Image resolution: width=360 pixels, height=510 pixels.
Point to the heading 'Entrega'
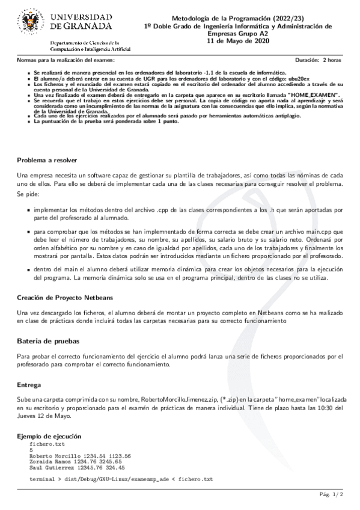click(29, 384)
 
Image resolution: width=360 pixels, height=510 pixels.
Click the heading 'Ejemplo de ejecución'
click(49, 435)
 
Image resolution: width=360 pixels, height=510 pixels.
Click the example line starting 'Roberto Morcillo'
click(80, 456)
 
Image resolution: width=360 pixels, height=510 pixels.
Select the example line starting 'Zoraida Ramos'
click(77, 461)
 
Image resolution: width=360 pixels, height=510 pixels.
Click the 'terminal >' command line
click(121, 479)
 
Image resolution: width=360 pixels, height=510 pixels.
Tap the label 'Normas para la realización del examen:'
click(66, 61)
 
